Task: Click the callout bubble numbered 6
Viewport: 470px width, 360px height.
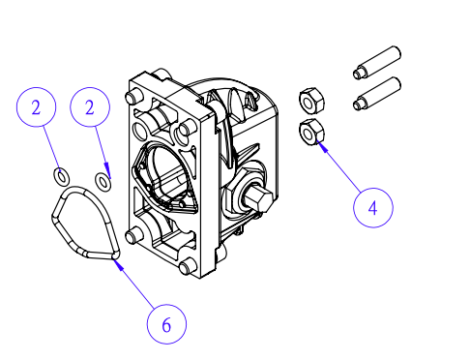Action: pos(166,324)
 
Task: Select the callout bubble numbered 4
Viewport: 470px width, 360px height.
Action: pos(373,208)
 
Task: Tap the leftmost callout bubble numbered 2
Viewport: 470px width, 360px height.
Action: pos(36,107)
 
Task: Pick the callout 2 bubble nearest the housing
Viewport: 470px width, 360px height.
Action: pos(90,107)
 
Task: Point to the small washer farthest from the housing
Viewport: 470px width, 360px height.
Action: pos(61,176)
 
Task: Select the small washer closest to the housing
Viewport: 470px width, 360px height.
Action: pos(103,181)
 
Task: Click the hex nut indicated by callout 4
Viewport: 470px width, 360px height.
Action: pos(311,132)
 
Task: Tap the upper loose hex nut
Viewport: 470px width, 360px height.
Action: pos(311,101)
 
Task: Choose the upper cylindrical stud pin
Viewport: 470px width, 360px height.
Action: pos(377,62)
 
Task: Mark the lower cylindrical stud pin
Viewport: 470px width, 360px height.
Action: pos(377,94)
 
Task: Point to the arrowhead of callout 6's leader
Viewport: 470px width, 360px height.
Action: pos(117,264)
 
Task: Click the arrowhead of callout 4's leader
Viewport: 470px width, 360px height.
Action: pos(322,146)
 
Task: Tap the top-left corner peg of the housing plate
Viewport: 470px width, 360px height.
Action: pos(132,96)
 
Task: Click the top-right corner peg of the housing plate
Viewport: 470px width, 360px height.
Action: pos(185,129)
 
